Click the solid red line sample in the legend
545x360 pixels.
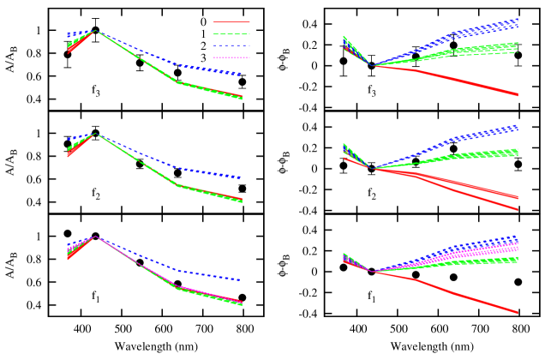231,22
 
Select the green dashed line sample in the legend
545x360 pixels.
231,34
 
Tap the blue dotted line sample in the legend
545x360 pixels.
231,46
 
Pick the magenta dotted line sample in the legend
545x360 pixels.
231,57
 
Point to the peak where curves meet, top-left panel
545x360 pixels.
96,30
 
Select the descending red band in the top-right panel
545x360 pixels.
471,83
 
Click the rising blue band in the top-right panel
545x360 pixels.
471,33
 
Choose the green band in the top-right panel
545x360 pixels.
471,51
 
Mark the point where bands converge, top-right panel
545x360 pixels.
372,65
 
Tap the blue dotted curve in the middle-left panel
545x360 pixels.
206,172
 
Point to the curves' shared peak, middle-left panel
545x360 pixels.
96,133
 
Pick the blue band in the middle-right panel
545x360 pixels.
471,136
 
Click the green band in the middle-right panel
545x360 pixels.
471,155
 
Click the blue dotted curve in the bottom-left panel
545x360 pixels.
206,275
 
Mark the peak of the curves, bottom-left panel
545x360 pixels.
96,236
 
